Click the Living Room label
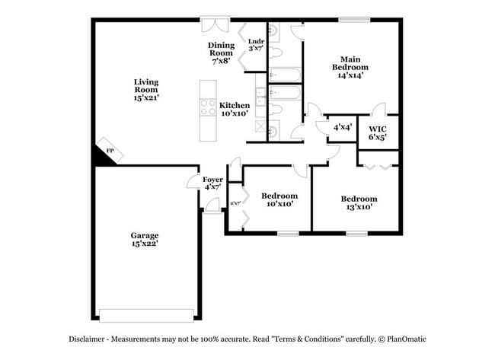click(x=146, y=89)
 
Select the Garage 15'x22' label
click(x=144, y=241)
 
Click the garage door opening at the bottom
click(x=146, y=314)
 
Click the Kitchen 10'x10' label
click(x=235, y=108)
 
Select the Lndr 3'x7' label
click(x=257, y=45)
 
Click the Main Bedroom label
click(x=350, y=67)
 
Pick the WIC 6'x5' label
click(x=378, y=132)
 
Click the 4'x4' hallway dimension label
click(x=342, y=127)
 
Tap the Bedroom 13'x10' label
click(x=359, y=202)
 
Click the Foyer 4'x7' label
click(x=212, y=183)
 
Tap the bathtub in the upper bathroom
click(x=285, y=75)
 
